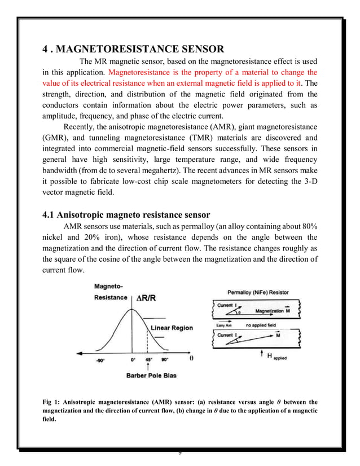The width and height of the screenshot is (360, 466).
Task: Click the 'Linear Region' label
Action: tap(172, 328)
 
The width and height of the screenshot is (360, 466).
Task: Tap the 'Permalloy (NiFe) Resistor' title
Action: tap(258, 292)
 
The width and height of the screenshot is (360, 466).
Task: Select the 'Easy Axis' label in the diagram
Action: tap(224, 326)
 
